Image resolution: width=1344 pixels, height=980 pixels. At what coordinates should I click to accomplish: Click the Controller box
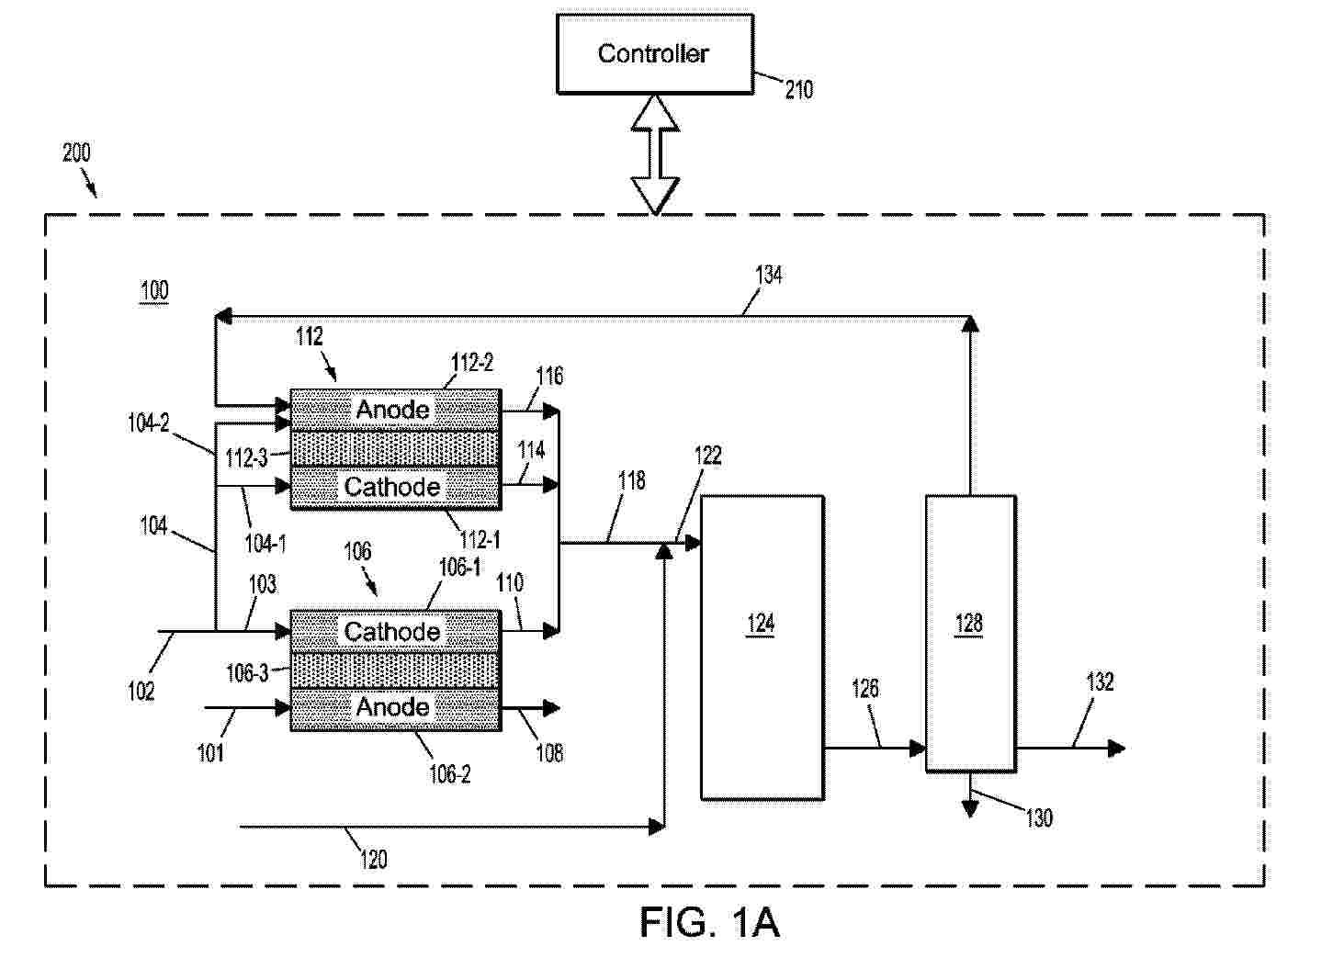654,54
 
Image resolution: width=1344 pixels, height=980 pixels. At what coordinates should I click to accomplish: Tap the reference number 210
798,90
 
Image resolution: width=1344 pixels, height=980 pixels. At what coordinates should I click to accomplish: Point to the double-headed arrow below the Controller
655,153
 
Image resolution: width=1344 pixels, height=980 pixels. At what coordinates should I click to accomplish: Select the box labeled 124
762,647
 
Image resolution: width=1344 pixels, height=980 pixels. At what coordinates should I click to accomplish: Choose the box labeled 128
970,633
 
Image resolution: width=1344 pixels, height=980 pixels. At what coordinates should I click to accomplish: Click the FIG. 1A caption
709,922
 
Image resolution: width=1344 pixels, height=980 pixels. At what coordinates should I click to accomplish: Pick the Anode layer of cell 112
395,409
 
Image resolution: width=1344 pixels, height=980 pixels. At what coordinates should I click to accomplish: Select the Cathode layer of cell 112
395,487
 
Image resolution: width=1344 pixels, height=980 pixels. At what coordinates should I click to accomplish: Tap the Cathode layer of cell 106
395,631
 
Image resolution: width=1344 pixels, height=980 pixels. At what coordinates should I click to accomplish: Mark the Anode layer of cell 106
395,707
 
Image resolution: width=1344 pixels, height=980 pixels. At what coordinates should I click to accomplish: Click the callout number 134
768,275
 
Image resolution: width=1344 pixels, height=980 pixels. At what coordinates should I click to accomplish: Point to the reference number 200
76,152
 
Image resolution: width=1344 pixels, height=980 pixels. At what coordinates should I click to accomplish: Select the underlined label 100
154,291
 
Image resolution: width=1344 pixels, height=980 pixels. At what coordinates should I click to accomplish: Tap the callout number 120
373,860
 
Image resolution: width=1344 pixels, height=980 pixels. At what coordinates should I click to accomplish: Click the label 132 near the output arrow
1100,681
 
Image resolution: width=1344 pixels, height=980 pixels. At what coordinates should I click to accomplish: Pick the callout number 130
1039,817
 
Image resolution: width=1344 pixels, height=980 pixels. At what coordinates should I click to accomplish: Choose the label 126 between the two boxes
865,688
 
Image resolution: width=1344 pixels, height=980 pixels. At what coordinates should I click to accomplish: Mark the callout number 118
632,480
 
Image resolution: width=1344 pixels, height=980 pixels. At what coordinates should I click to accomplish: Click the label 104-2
148,423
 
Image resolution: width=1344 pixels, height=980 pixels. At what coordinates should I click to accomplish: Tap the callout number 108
549,753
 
